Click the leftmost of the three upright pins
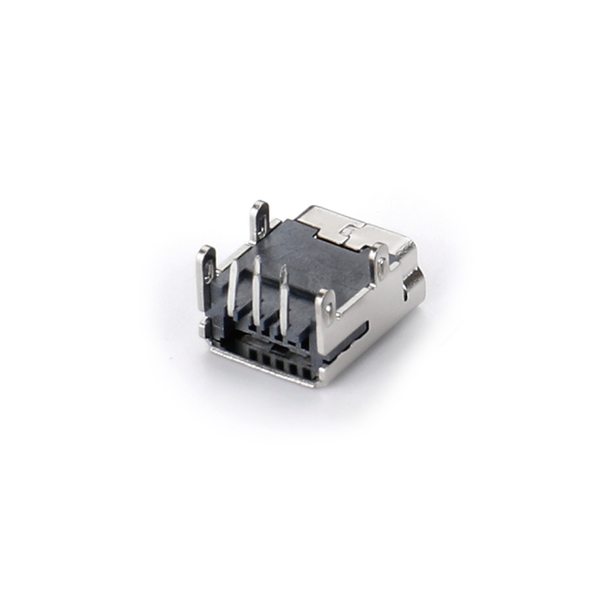[x=232, y=290]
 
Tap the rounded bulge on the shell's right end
[x=414, y=285]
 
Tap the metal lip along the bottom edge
[x=262, y=365]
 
